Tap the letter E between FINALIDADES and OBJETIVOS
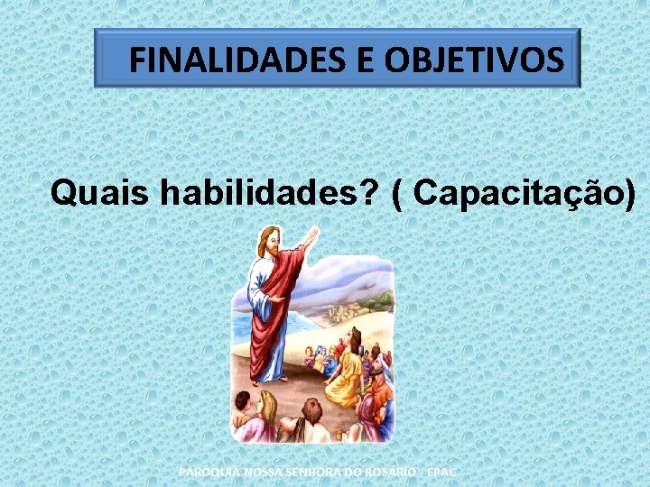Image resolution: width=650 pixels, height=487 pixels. (x=366, y=60)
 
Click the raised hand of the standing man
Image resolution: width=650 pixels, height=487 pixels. (x=311, y=237)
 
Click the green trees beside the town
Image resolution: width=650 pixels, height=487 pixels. (x=383, y=299)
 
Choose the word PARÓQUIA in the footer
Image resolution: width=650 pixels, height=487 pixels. (x=208, y=472)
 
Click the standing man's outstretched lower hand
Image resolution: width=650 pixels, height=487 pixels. (x=278, y=299)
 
